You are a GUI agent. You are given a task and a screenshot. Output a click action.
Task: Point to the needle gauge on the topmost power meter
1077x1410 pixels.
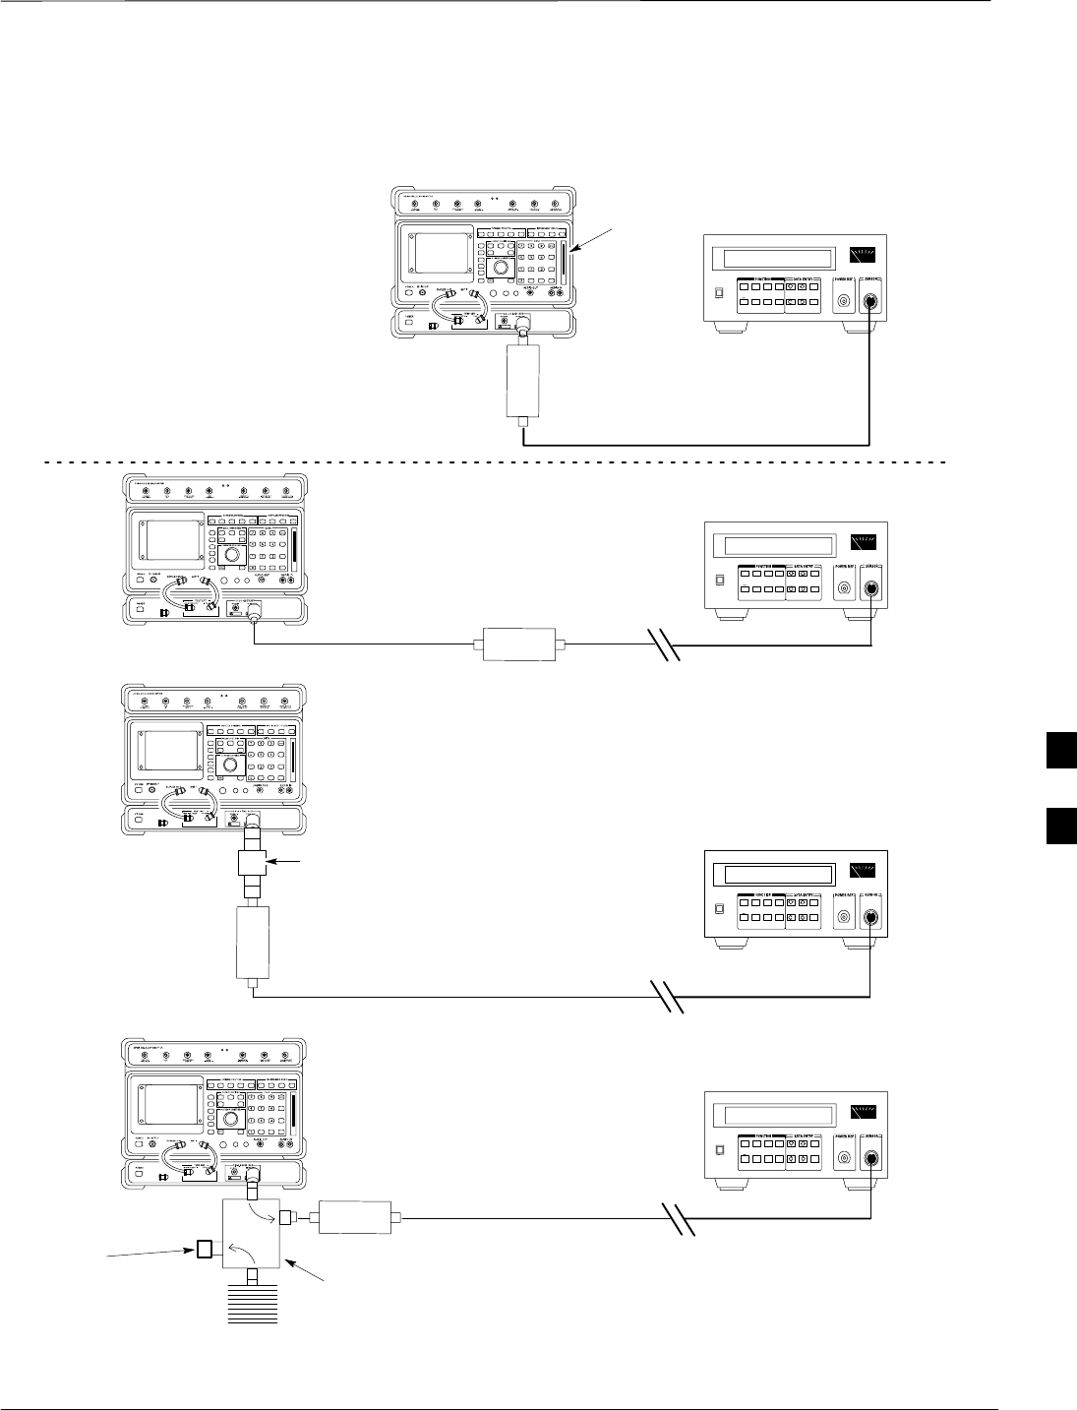pos(859,258)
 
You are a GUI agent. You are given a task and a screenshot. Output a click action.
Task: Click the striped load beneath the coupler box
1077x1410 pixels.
pos(254,1308)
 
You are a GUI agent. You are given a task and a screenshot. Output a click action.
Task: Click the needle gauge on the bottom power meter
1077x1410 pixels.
pos(859,1114)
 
